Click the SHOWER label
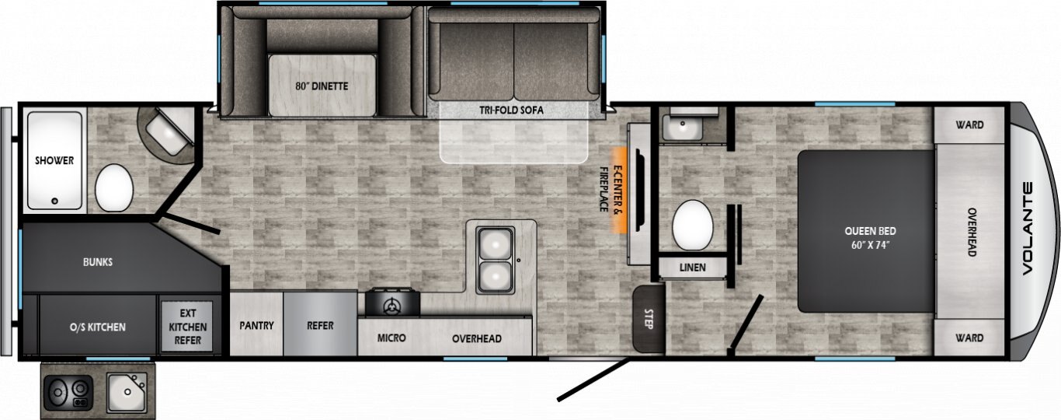tap(54, 160)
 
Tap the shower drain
tap(55, 201)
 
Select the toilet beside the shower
tap(114, 187)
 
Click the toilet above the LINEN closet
tap(693, 225)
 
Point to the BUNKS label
tap(98, 261)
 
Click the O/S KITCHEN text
tap(98, 327)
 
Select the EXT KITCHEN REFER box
tap(187, 327)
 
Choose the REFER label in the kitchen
tap(320, 326)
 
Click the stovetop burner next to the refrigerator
tap(392, 302)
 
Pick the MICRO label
tap(391, 338)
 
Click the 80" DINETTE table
tap(322, 86)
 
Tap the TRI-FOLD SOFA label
tap(512, 110)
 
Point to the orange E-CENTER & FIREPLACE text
tap(611, 189)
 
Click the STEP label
tap(649, 319)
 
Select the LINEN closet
tap(693, 268)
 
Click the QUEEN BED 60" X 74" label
tap(871, 238)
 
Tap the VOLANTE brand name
tap(1028, 229)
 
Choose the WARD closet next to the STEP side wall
tap(969, 338)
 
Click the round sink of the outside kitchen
tap(127, 392)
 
